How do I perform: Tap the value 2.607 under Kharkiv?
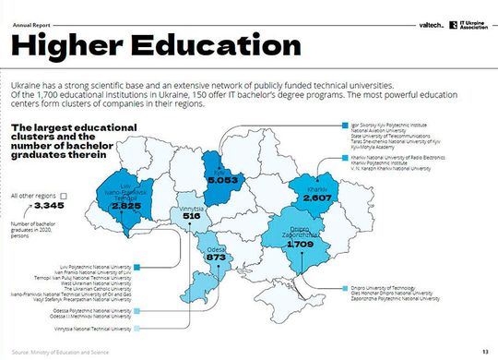click(x=317, y=198)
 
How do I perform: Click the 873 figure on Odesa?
click(x=217, y=256)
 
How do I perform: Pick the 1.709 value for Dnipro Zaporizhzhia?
click(x=301, y=244)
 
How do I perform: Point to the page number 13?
click(x=485, y=352)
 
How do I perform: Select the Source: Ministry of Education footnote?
click(x=55, y=352)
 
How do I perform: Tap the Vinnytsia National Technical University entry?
click(x=92, y=328)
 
